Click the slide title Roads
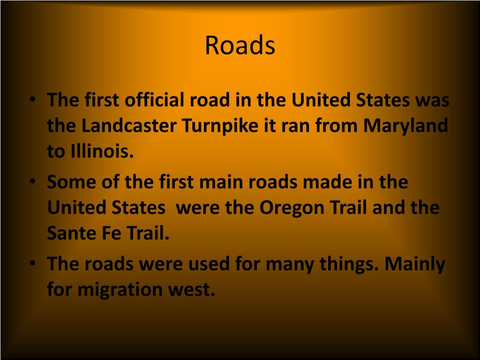[x=240, y=45]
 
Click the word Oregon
[x=287, y=208]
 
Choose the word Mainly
[x=415, y=264]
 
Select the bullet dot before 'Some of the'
[x=31, y=181]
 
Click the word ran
[x=296, y=126]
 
